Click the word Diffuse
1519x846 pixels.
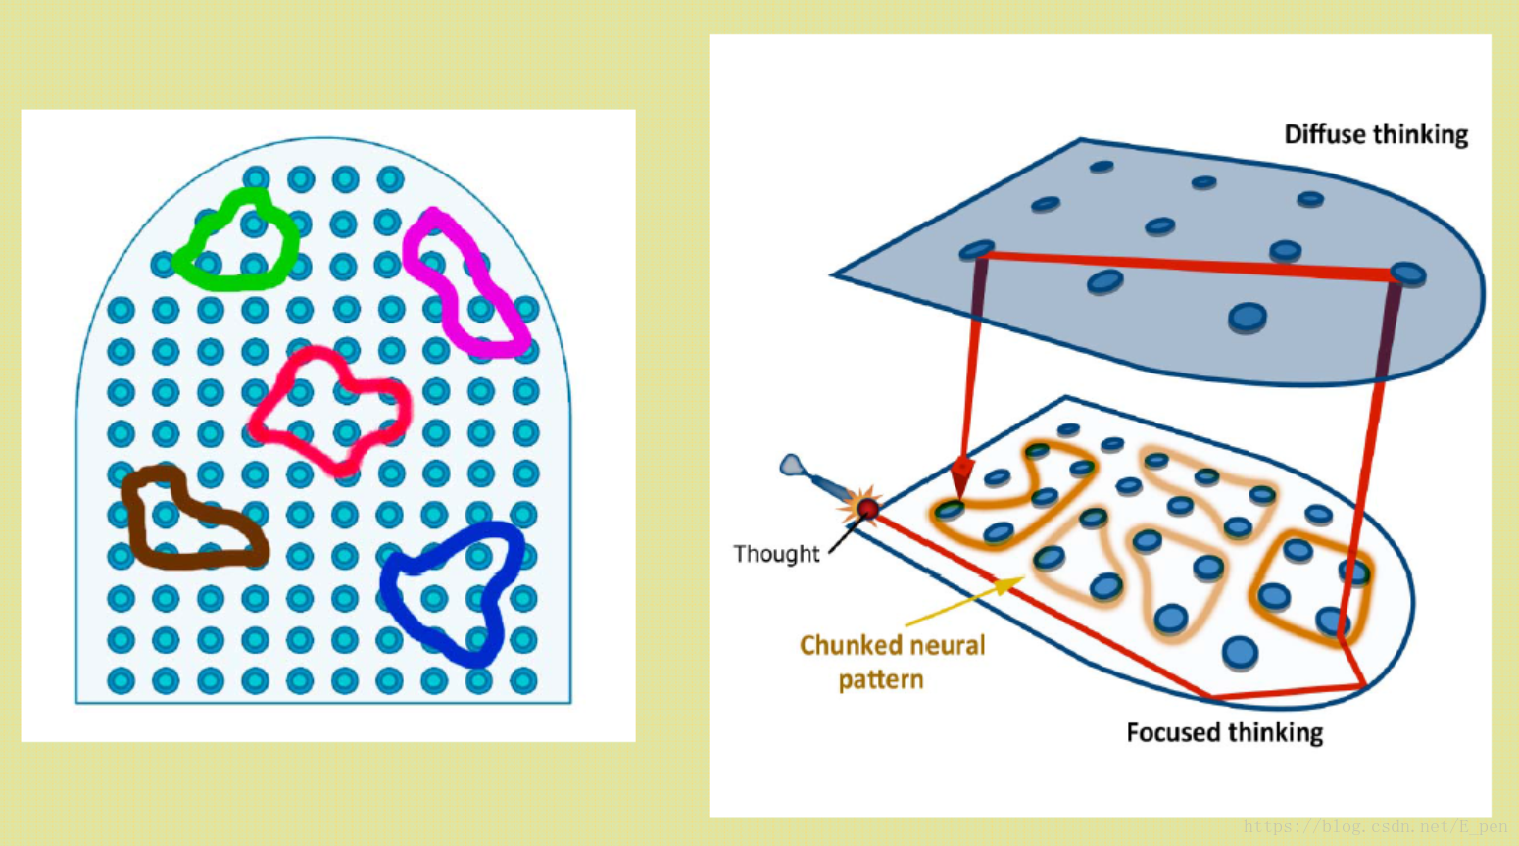pos(1325,134)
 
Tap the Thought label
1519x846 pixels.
pos(776,554)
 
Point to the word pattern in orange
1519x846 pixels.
pos(880,679)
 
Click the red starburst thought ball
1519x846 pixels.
pos(867,508)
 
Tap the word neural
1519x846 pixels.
pos(946,645)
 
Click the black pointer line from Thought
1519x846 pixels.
pos(843,537)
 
